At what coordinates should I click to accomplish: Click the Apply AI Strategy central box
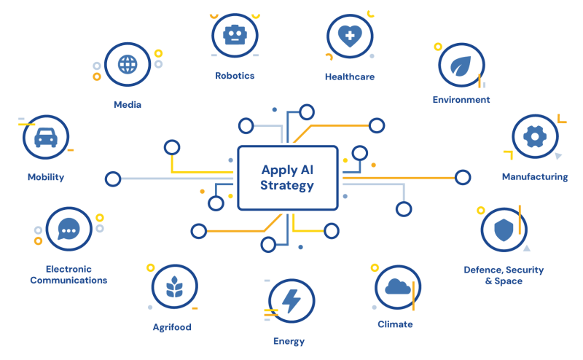coord(288,178)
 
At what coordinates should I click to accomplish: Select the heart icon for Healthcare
coord(349,37)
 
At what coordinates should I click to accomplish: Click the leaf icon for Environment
coord(461,66)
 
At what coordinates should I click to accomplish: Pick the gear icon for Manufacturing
coord(535,136)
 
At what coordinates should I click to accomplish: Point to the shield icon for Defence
coord(504,231)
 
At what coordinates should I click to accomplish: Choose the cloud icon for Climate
coord(397,287)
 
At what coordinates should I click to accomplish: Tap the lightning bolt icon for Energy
coord(291,301)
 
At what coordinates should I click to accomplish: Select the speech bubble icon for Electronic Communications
coord(69,230)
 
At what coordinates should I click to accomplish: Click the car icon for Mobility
coord(45,137)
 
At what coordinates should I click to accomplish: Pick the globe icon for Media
coord(127,64)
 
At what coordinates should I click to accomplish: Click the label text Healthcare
coord(349,77)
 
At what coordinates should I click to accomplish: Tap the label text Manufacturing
coord(534,176)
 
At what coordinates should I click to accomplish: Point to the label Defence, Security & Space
coord(504,275)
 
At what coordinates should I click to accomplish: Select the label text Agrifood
coord(172,327)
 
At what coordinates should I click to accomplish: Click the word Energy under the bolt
coord(289,341)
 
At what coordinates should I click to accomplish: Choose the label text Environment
coord(461,100)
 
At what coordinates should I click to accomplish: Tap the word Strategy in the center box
coord(287,187)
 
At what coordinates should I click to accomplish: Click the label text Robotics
coord(235,75)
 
